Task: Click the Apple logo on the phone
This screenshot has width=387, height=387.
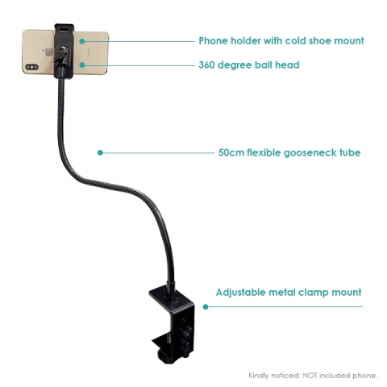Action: click(x=48, y=52)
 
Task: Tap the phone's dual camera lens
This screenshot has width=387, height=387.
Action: click(x=31, y=67)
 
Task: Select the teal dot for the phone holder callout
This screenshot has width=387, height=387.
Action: click(x=82, y=41)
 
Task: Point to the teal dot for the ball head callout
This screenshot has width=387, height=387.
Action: click(x=82, y=65)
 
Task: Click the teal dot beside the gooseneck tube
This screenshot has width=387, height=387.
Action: click(x=100, y=152)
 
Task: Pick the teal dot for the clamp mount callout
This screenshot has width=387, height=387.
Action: click(x=206, y=306)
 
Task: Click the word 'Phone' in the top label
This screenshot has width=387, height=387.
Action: click(x=213, y=41)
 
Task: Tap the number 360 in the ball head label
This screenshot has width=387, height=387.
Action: click(x=206, y=65)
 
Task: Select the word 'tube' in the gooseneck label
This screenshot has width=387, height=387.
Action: click(x=350, y=152)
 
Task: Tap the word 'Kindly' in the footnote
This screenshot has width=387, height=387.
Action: click(x=257, y=376)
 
